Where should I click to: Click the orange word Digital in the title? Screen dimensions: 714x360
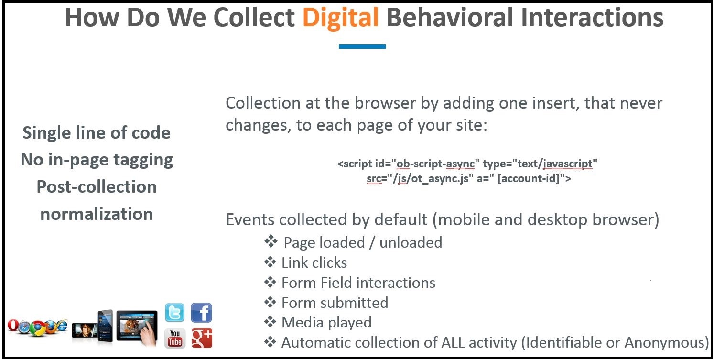click(x=340, y=18)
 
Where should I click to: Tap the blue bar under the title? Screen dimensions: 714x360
click(x=362, y=46)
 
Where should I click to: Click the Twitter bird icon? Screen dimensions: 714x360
click(x=174, y=313)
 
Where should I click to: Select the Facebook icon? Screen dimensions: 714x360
click(x=202, y=313)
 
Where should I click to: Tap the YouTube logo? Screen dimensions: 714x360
click(x=174, y=338)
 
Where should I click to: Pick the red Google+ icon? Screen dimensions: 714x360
click(x=202, y=338)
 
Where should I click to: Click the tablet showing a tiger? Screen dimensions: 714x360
click(x=137, y=328)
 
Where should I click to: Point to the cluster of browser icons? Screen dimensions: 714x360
click(x=38, y=327)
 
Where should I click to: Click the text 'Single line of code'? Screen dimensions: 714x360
click(x=96, y=132)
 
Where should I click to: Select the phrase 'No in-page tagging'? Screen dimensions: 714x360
click(x=97, y=160)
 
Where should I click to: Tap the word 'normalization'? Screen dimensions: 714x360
click(x=97, y=214)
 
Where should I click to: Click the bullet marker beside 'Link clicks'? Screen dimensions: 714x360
click(x=270, y=262)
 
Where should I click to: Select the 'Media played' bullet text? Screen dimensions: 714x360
click(x=327, y=322)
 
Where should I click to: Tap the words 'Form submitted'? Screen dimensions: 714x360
click(x=335, y=303)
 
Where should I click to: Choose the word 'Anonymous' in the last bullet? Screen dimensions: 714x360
click(x=664, y=343)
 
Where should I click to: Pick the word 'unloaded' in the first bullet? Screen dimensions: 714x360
click(x=411, y=243)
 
